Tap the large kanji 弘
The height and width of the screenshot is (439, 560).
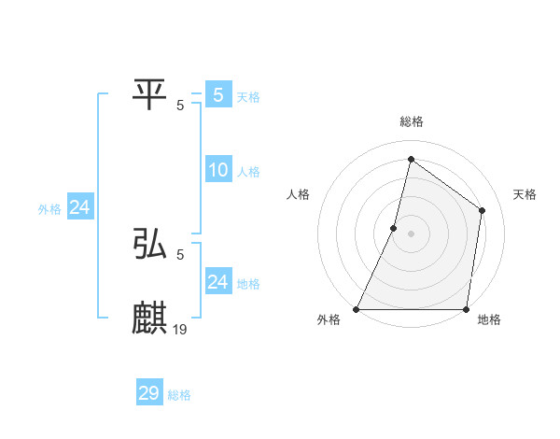(x=150, y=244)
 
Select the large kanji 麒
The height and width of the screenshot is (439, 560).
(x=150, y=318)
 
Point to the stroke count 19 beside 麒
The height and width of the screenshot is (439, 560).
(x=180, y=329)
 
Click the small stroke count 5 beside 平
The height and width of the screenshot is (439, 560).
(x=180, y=105)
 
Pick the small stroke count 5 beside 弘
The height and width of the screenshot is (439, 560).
(x=180, y=254)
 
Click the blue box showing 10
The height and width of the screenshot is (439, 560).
(x=218, y=170)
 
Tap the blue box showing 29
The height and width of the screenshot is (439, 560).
(x=149, y=393)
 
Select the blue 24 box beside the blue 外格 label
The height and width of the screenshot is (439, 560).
(x=80, y=208)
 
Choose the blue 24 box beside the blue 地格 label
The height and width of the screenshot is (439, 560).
(x=218, y=282)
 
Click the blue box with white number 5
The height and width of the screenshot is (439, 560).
(x=218, y=94)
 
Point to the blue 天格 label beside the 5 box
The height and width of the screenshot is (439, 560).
(x=248, y=96)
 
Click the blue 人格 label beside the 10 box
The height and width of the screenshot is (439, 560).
(x=248, y=172)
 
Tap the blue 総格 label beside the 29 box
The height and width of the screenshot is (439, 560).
(x=179, y=395)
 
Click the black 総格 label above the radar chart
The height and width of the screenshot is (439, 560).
(x=411, y=121)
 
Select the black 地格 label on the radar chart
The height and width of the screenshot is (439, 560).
(x=489, y=320)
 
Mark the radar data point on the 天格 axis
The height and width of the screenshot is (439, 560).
(x=483, y=210)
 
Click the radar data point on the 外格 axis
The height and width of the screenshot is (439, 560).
(x=357, y=309)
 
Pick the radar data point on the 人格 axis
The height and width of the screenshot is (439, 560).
(x=394, y=228)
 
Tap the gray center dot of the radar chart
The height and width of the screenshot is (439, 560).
(x=411, y=234)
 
